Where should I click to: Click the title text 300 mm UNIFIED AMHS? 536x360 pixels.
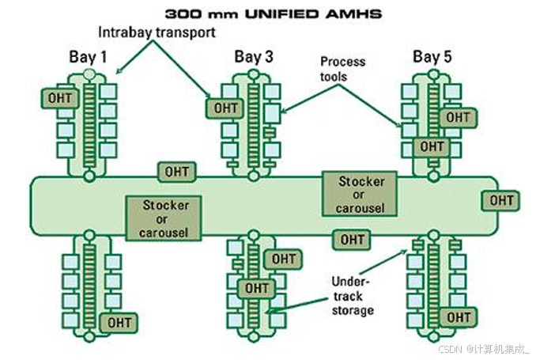click(x=268, y=13)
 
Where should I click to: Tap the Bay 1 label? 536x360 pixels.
click(x=87, y=56)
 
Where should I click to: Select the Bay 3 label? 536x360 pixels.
click(x=254, y=56)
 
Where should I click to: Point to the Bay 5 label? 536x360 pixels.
click(x=432, y=56)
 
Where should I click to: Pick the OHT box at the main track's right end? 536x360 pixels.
click(x=501, y=200)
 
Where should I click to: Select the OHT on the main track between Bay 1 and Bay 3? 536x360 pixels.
click(x=178, y=172)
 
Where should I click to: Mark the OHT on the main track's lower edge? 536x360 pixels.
click(x=352, y=239)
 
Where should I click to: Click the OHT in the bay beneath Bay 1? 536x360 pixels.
click(x=120, y=322)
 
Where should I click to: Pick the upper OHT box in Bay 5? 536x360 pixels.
click(x=457, y=117)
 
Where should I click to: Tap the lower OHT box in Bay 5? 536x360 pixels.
click(x=432, y=146)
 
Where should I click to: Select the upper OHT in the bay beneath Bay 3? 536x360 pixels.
click(x=283, y=258)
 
